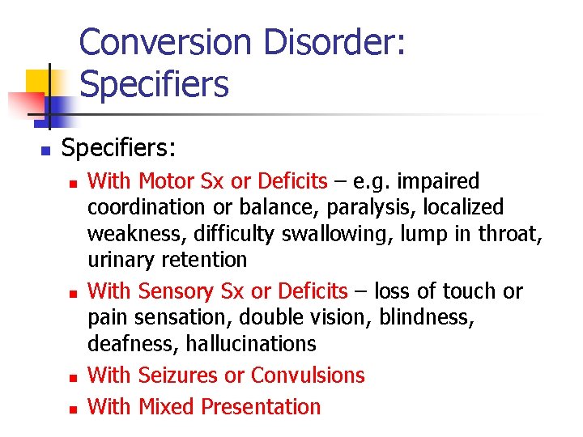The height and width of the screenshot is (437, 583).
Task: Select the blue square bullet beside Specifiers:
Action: pos(45,151)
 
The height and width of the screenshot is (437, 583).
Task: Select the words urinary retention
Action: pos(167,261)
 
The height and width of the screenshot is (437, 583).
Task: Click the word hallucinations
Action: pos(251,344)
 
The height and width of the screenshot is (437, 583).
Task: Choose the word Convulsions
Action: pos(308,375)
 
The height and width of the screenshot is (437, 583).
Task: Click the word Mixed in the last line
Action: pos(167,406)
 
